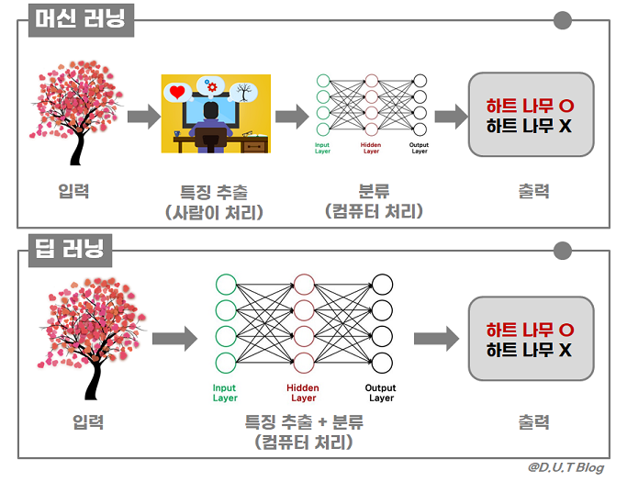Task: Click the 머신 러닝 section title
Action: (x=81, y=19)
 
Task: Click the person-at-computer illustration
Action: (x=216, y=113)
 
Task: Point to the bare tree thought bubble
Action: (x=243, y=91)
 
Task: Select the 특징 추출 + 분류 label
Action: (x=304, y=422)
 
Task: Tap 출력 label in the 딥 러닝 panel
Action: (x=533, y=422)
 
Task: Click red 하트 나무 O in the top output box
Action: (x=530, y=105)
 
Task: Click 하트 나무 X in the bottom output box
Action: (x=530, y=350)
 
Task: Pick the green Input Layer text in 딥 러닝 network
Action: (x=225, y=393)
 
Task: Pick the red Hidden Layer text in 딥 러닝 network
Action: (x=303, y=393)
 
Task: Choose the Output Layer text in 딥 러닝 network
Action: (x=381, y=393)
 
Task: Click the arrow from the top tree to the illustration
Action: (x=142, y=117)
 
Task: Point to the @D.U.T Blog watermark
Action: (x=565, y=468)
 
